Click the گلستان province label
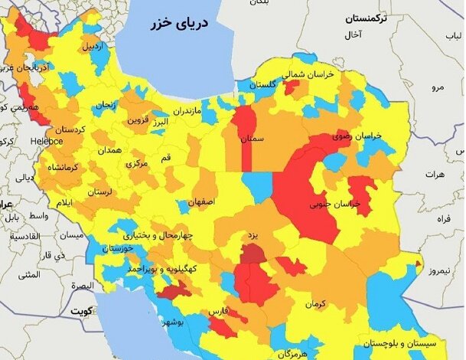tap(262, 85)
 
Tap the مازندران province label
tap(187, 111)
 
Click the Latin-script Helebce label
tap(47, 142)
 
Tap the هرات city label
tap(433, 175)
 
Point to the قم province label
tap(165, 156)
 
